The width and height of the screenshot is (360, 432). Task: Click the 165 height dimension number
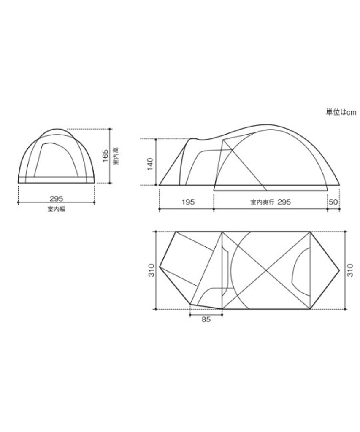[x=105, y=156]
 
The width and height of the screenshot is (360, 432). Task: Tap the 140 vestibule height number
[x=150, y=164]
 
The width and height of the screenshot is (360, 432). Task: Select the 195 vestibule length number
[x=188, y=202]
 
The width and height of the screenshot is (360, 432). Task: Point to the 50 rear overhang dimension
[x=333, y=202]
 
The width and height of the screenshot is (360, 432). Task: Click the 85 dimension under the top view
[x=206, y=319]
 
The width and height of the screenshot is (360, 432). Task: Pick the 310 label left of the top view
[x=152, y=270]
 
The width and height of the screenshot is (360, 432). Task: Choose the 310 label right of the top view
[x=350, y=270]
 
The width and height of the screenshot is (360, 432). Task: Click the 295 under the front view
[x=56, y=198]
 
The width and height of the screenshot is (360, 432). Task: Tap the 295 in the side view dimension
[x=284, y=202]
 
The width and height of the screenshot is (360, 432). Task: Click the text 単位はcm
[x=341, y=112]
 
